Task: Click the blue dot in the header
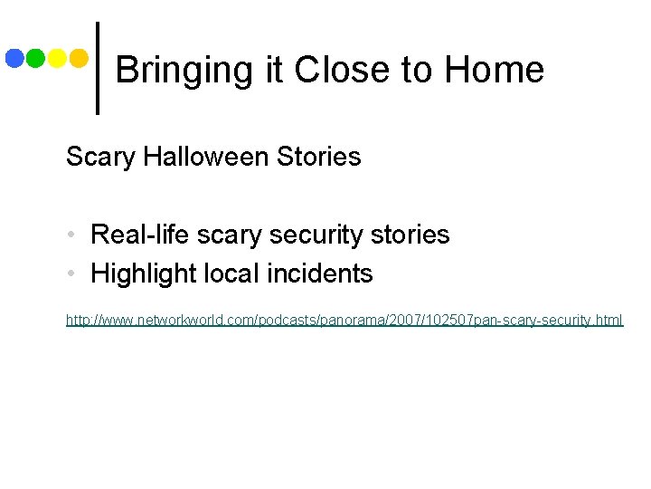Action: (x=14, y=59)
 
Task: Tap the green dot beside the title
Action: (x=36, y=59)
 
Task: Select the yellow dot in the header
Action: (x=57, y=59)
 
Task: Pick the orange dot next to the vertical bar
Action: (x=79, y=59)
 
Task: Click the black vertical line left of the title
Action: (x=97, y=68)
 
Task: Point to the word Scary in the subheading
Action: (x=98, y=157)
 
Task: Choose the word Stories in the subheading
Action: (x=319, y=157)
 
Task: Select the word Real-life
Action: (x=138, y=235)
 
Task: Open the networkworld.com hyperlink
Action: (x=344, y=321)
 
